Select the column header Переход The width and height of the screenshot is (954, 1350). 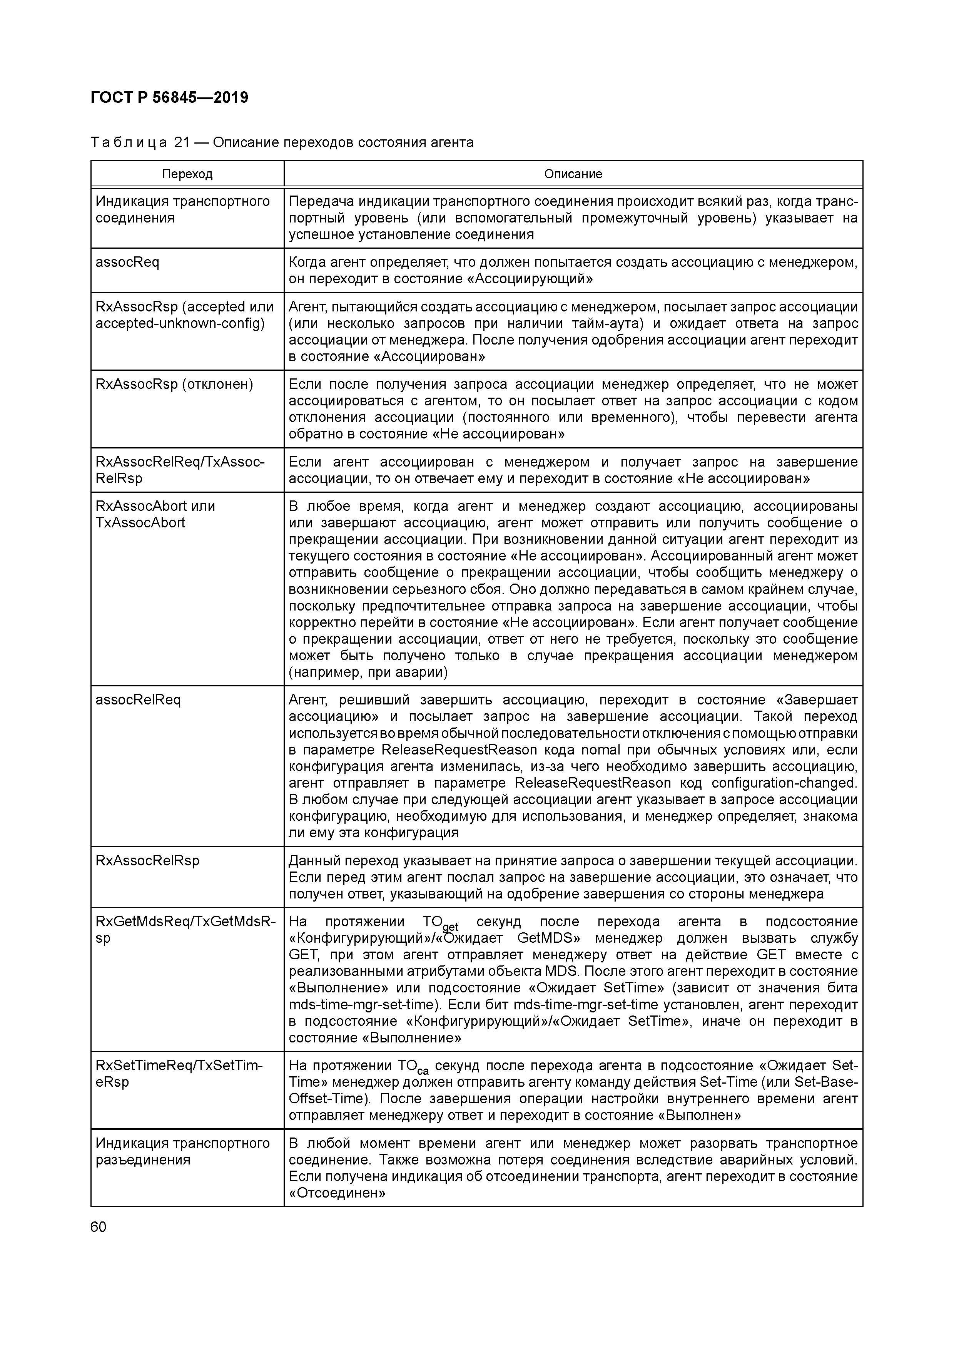coord(187,174)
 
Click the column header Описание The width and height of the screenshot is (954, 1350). coord(573,174)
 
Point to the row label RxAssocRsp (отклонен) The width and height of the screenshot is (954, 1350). coord(174,385)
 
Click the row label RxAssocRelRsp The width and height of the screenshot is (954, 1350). coord(147,861)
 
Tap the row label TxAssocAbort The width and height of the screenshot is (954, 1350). coord(140,523)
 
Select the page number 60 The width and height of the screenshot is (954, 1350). coord(99,1227)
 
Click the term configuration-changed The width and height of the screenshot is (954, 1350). coord(784,783)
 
